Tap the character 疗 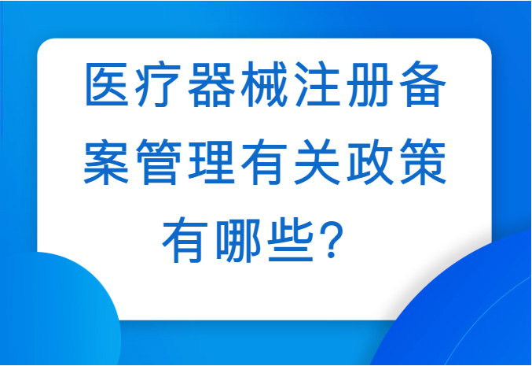pyautogui.click(x=159, y=84)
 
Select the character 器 pyautogui.click(x=211, y=84)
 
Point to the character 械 pyautogui.click(x=264, y=84)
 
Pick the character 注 pyautogui.click(x=317, y=84)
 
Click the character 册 pyautogui.click(x=370, y=84)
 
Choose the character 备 pyautogui.click(x=423, y=84)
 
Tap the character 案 pyautogui.click(x=106, y=161)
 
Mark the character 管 pyautogui.click(x=159, y=161)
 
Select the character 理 pyautogui.click(x=211, y=161)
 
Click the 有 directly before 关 pyautogui.click(x=264, y=161)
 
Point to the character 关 pyautogui.click(x=317, y=161)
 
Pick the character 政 pyautogui.click(x=370, y=161)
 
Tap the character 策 pyautogui.click(x=423, y=161)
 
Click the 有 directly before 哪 pyautogui.click(x=185, y=240)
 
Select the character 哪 pyautogui.click(x=238, y=240)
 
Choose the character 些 pyautogui.click(x=291, y=240)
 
